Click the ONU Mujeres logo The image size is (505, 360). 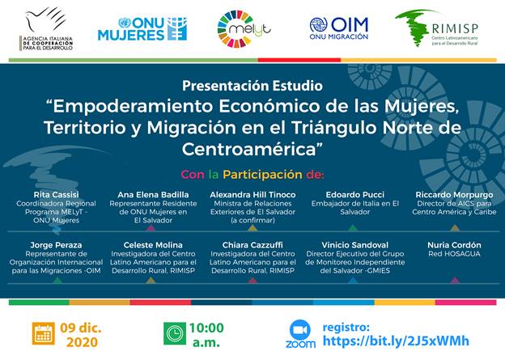pyautogui.click(x=142, y=29)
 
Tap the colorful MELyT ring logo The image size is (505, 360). pyautogui.click(x=244, y=29)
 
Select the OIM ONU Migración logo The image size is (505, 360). pyautogui.click(x=339, y=28)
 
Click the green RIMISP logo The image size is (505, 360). pyautogui.click(x=437, y=28)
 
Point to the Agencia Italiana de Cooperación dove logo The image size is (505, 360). pyautogui.click(x=46, y=29)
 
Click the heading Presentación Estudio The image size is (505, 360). pyautogui.click(x=252, y=86)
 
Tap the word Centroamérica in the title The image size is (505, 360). pyautogui.click(x=252, y=150)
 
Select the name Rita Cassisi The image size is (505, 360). pyautogui.click(x=57, y=194)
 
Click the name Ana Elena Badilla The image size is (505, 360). pyautogui.click(x=153, y=194)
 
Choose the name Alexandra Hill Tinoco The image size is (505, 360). pyautogui.click(x=252, y=194)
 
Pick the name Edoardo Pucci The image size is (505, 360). pyautogui.click(x=355, y=194)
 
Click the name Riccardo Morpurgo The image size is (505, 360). pyautogui.click(x=454, y=194)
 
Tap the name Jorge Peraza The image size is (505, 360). pyautogui.click(x=56, y=245)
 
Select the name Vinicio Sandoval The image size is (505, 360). pyautogui.click(x=355, y=245)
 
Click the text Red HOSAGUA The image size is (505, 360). pyautogui.click(x=454, y=254)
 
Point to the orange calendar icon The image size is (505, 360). pyautogui.click(x=43, y=333)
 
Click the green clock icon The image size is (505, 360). pyautogui.click(x=175, y=333)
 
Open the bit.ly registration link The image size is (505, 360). pyautogui.click(x=396, y=341)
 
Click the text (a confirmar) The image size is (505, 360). pyautogui.click(x=252, y=220)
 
